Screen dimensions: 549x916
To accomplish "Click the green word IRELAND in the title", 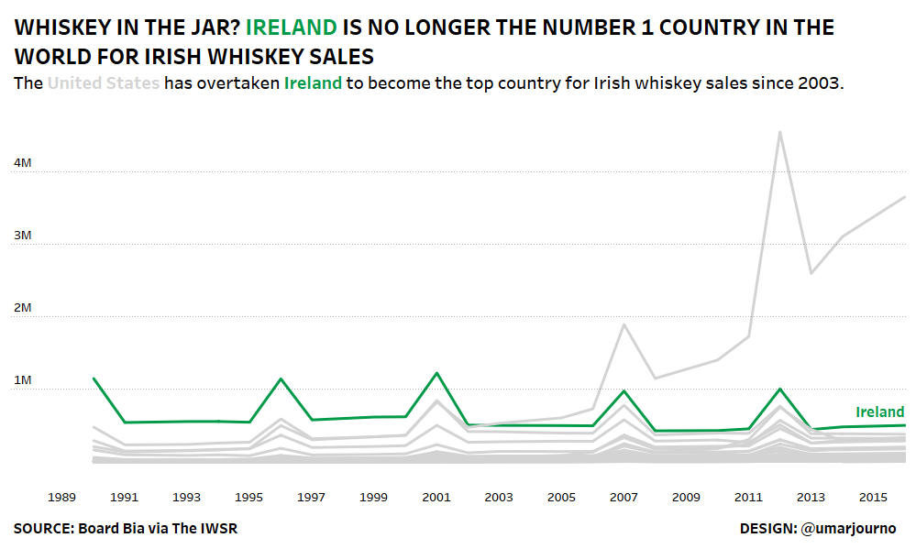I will click(291, 27).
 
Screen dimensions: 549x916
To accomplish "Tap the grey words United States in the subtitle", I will click(104, 83).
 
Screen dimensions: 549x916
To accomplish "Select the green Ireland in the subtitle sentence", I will click(313, 83).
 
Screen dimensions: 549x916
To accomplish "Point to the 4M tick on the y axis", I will click(23, 163).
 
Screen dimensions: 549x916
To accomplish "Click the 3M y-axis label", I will click(23, 236).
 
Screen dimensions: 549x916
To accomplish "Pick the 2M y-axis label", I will click(23, 308).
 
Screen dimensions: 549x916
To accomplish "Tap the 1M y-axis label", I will click(23, 380).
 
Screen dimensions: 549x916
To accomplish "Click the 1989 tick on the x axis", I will click(61, 497).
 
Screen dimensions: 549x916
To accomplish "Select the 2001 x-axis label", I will click(436, 497).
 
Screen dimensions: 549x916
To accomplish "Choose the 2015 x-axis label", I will click(873, 497).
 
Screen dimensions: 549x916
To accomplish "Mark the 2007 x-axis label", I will click(624, 497).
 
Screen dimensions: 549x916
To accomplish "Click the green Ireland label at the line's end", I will click(879, 412).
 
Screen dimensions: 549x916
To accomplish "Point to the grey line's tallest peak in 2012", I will click(779, 132).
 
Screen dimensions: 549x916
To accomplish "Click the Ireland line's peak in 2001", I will click(436, 373).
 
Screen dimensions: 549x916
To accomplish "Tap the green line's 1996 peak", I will click(281, 379).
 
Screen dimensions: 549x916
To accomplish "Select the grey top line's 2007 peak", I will click(624, 324).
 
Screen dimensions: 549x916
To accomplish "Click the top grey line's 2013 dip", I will click(811, 273).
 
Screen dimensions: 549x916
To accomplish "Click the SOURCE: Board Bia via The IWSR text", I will click(126, 529).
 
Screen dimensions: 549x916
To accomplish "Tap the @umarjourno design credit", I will click(848, 529).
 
